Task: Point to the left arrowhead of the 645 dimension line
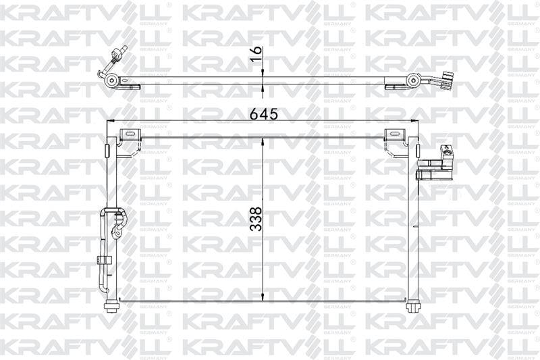pyautogui.click(x=112, y=122)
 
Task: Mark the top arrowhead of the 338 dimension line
pyautogui.click(x=262, y=140)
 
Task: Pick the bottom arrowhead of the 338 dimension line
pyautogui.click(x=262, y=298)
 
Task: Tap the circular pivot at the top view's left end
pyautogui.click(x=112, y=82)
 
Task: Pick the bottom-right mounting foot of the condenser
pyautogui.click(x=412, y=307)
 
